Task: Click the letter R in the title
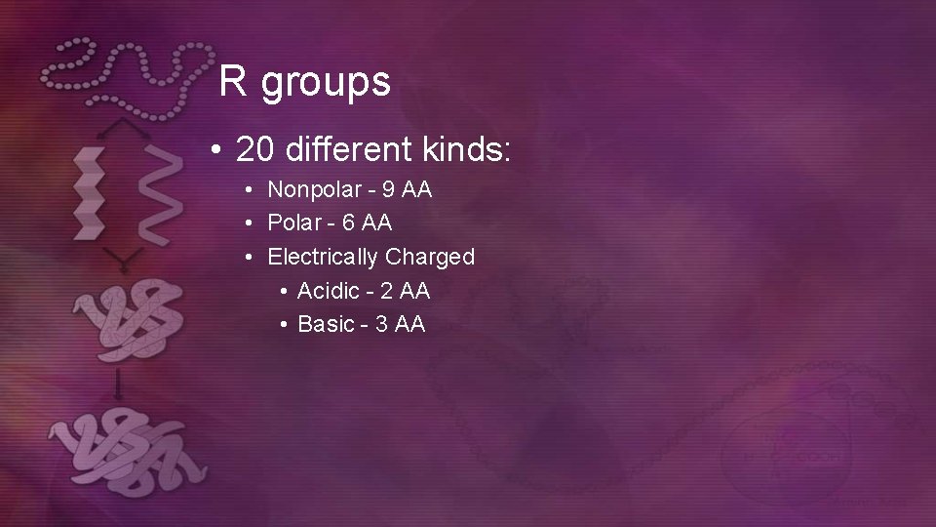tap(232, 82)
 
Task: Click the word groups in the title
tap(326, 85)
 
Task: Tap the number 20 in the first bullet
tap(255, 150)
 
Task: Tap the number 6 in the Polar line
tap(349, 223)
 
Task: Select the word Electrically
tap(323, 258)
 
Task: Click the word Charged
tap(430, 258)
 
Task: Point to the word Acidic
tap(328, 291)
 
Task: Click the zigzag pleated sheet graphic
tap(90, 191)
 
